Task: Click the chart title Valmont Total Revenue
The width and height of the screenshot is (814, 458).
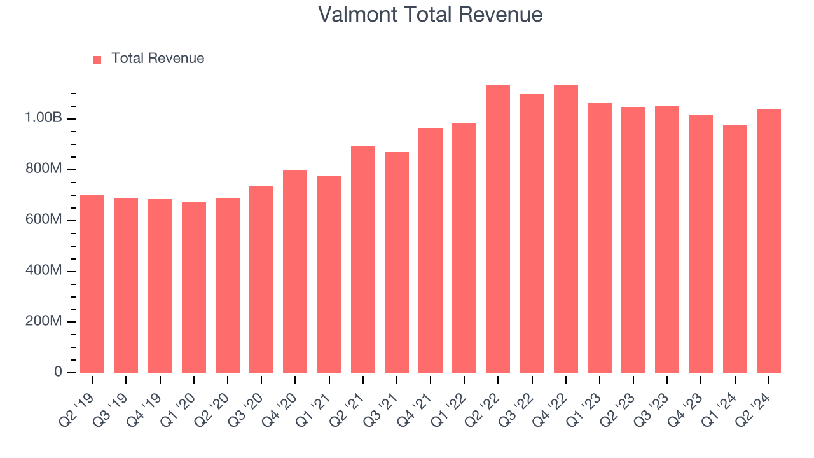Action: pyautogui.click(x=431, y=15)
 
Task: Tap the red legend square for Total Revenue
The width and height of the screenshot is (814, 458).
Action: pyautogui.click(x=97, y=59)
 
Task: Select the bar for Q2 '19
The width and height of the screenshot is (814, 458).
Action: pyautogui.click(x=92, y=284)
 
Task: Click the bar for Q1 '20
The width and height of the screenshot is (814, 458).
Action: pyautogui.click(x=193, y=288)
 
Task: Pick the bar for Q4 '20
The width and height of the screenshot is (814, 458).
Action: pyautogui.click(x=295, y=272)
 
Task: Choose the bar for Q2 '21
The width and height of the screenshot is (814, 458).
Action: pyautogui.click(x=362, y=260)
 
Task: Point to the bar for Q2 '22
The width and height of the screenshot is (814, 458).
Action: pyautogui.click(x=498, y=229)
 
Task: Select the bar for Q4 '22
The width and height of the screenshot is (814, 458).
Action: pyautogui.click(x=565, y=229)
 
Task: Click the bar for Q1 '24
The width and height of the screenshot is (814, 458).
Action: pyautogui.click(x=735, y=249)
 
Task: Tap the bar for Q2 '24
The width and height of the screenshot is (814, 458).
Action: pyautogui.click(x=768, y=241)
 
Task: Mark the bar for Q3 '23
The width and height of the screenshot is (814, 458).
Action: pyautogui.click(x=667, y=240)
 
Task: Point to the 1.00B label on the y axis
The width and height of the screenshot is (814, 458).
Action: pyautogui.click(x=43, y=118)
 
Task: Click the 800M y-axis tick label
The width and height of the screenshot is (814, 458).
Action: pyautogui.click(x=43, y=169)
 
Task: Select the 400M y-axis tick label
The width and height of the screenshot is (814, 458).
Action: pyautogui.click(x=43, y=271)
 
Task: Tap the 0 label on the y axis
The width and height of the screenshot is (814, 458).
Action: pyautogui.click(x=58, y=372)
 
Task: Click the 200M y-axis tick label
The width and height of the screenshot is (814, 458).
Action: pyautogui.click(x=43, y=322)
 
